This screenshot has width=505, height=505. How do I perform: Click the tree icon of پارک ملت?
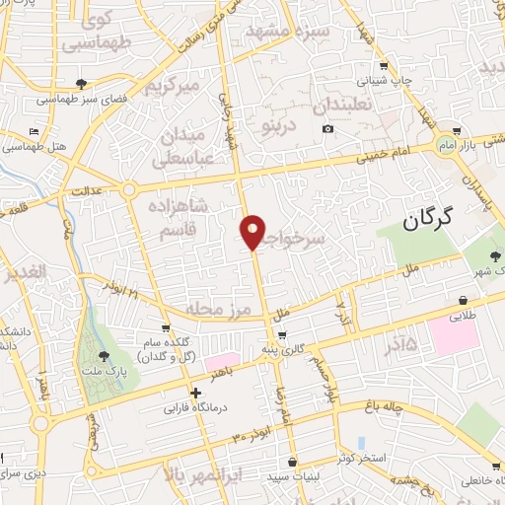click(105, 356)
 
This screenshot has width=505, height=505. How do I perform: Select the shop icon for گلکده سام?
click(166, 330)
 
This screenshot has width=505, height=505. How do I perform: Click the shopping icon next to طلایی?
click(463, 300)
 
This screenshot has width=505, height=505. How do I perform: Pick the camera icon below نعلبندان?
click(327, 129)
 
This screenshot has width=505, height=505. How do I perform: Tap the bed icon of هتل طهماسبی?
click(36, 131)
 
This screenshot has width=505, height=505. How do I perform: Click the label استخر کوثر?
click(358, 459)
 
